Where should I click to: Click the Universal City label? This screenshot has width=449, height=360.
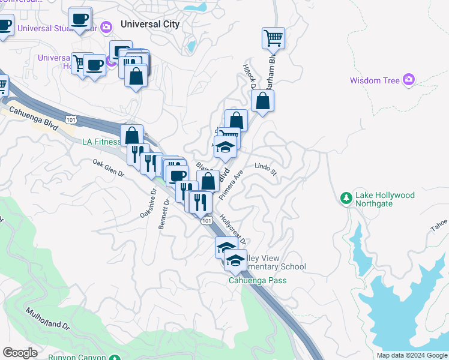tap(149, 25)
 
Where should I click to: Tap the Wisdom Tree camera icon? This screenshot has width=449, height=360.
tap(409, 80)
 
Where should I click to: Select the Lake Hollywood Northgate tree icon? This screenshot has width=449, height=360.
tap(346, 199)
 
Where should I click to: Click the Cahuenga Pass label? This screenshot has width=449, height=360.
tap(258, 280)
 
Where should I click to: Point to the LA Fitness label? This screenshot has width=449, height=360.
tap(101, 142)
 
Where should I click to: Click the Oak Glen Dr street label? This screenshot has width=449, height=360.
tap(108, 168)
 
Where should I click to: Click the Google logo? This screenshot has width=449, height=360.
tap(20, 352)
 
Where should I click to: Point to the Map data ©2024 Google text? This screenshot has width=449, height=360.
tap(411, 355)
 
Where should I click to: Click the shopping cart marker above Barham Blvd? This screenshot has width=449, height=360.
tap(273, 38)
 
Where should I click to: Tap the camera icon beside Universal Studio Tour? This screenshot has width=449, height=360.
tap(107, 27)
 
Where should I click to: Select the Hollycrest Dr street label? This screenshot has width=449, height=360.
tap(233, 231)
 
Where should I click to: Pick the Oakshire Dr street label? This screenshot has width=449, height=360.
tap(148, 203)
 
